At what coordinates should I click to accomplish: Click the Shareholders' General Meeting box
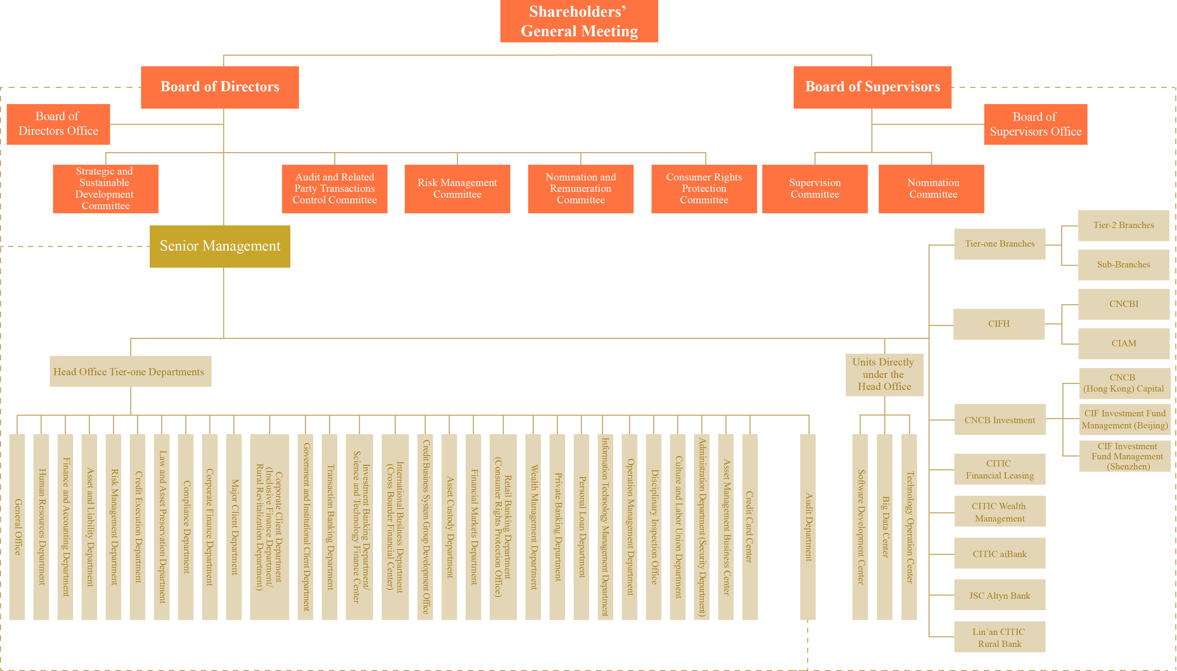(x=579, y=21)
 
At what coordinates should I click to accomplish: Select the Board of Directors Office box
(x=58, y=124)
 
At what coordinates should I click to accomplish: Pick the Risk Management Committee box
(x=457, y=189)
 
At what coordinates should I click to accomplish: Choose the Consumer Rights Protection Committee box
(x=704, y=189)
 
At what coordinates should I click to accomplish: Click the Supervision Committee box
(x=814, y=189)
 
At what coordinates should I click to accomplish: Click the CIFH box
(x=998, y=324)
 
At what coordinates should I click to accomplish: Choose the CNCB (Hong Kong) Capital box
(x=1124, y=383)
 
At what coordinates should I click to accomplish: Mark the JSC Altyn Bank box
(x=999, y=595)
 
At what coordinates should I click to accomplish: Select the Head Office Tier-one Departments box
(x=130, y=371)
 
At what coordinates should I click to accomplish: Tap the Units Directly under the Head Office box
(x=884, y=375)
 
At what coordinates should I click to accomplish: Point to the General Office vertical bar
(x=17, y=526)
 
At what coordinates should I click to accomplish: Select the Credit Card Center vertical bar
(x=749, y=526)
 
